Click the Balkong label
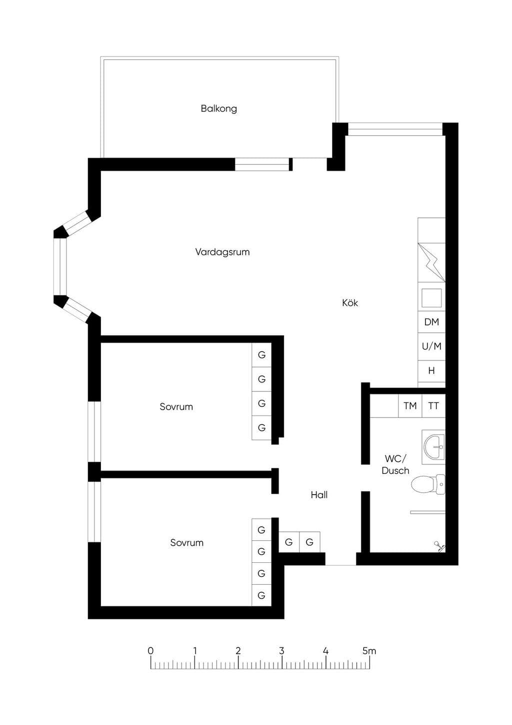pos(219,109)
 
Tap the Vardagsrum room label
pos(222,252)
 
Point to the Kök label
pos(349,302)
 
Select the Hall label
pos(319,495)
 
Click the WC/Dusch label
pos(395,465)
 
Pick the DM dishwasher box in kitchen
pos(431,322)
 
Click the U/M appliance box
pos(431,346)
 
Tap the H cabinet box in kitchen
pos(431,371)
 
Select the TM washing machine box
pos(410,406)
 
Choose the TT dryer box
pos(433,406)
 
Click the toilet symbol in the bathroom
pos(428,485)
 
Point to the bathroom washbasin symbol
pos(433,447)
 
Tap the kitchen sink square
pos(431,298)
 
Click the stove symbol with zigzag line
pos(431,262)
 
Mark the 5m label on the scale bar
pos(369,650)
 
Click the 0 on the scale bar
pos(150,650)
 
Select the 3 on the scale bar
pos(282,650)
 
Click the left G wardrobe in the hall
pos(289,542)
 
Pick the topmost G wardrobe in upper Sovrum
pos(261,354)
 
